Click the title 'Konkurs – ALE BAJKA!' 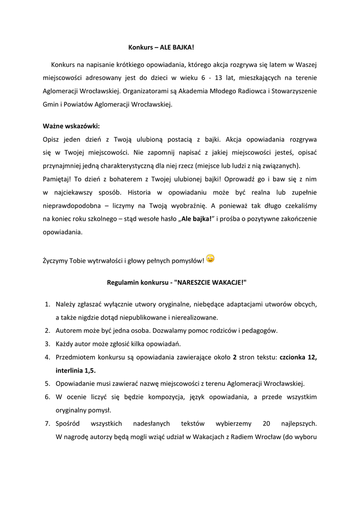click(x=158, y=48)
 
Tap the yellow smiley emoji click(x=210, y=258)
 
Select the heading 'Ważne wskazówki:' click(x=72, y=126)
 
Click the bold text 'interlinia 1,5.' click(x=76, y=370)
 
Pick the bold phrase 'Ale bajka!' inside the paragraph click(x=196, y=219)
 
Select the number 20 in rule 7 click(x=266, y=424)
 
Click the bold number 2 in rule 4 click(x=234, y=357)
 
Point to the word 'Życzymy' click(x=56, y=260)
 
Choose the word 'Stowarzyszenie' click(x=293, y=91)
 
